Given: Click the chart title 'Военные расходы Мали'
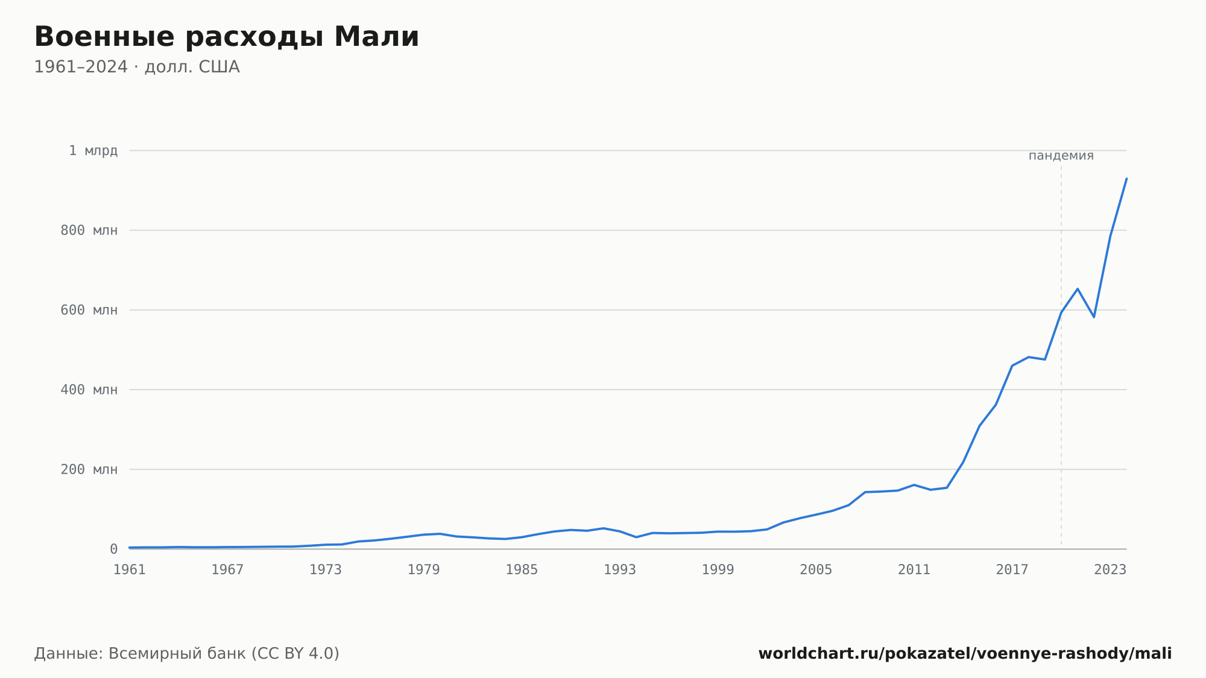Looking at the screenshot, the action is click(x=226, y=37).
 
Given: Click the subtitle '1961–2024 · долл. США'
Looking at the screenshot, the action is click(x=137, y=67).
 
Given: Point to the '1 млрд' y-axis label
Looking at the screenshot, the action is click(x=93, y=151).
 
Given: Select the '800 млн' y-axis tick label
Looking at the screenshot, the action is click(x=89, y=230).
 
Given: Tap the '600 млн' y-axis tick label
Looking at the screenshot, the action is click(x=89, y=310).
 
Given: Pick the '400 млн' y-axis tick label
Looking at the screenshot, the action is click(x=89, y=390).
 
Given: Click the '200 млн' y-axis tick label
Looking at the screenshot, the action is click(x=89, y=469).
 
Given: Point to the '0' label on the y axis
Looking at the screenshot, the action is click(x=113, y=549).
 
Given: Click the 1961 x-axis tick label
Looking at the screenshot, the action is click(x=130, y=570).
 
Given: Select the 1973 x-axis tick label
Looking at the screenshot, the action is click(x=326, y=570).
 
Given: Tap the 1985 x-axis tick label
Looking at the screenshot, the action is click(x=522, y=570).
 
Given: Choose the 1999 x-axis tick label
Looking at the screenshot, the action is click(x=718, y=570).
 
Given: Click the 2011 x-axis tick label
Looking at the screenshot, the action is click(x=914, y=570).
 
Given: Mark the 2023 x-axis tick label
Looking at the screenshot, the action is click(x=1110, y=570).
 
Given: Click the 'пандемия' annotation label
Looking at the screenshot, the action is click(x=1061, y=156).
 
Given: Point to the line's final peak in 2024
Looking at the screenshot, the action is click(x=1126, y=179).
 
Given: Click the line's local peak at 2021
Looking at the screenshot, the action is click(x=1078, y=289).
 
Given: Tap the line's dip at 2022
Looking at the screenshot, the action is click(x=1094, y=317).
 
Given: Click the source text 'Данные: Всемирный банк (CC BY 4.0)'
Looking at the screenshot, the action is click(x=187, y=654).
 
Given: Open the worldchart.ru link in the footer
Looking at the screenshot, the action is click(x=965, y=654).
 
